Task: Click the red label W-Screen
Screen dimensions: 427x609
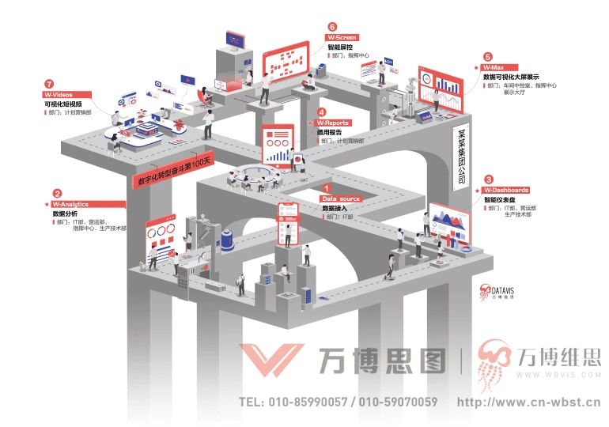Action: (x=342, y=37)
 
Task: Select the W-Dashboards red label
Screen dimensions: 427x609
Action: (x=506, y=191)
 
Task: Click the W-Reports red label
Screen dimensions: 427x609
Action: (x=332, y=123)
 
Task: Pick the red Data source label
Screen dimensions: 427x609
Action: (x=341, y=198)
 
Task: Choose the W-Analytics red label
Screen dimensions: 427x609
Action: (x=69, y=205)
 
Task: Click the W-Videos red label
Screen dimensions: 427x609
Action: (x=64, y=94)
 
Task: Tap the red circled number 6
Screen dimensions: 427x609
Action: (x=332, y=26)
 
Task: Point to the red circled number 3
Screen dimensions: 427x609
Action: (x=488, y=179)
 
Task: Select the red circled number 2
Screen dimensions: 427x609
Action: (x=57, y=193)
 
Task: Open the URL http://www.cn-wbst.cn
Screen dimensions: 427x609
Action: (x=529, y=402)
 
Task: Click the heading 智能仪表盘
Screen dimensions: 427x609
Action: (x=501, y=201)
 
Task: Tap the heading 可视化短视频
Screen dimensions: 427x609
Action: (x=63, y=104)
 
